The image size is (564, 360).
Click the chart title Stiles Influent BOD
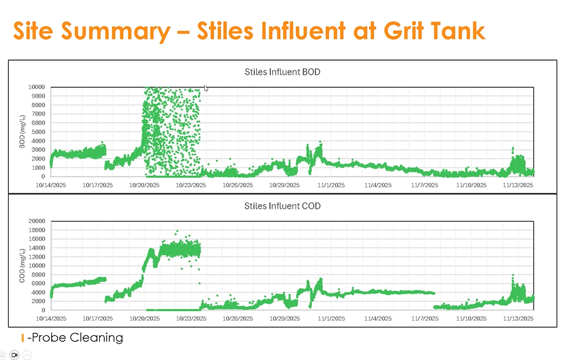pyautogui.click(x=283, y=72)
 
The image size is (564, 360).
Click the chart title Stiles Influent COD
pyautogui.click(x=283, y=206)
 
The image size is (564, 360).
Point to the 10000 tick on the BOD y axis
pyautogui.click(x=35, y=87)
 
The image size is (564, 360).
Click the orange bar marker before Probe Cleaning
pyautogui.click(x=23, y=338)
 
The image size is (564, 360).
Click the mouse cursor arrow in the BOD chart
pyautogui.click(x=205, y=88)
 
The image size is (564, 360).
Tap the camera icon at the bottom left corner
pyautogui.click(x=14, y=355)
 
